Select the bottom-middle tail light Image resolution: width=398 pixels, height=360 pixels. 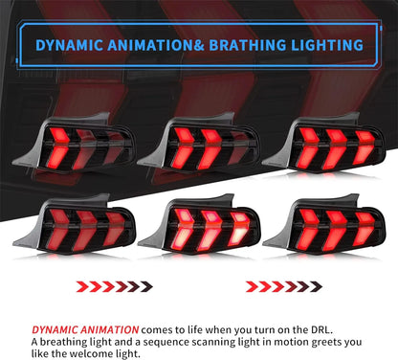[x=195, y=226]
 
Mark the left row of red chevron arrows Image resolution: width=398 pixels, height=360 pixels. [x=120, y=285]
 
